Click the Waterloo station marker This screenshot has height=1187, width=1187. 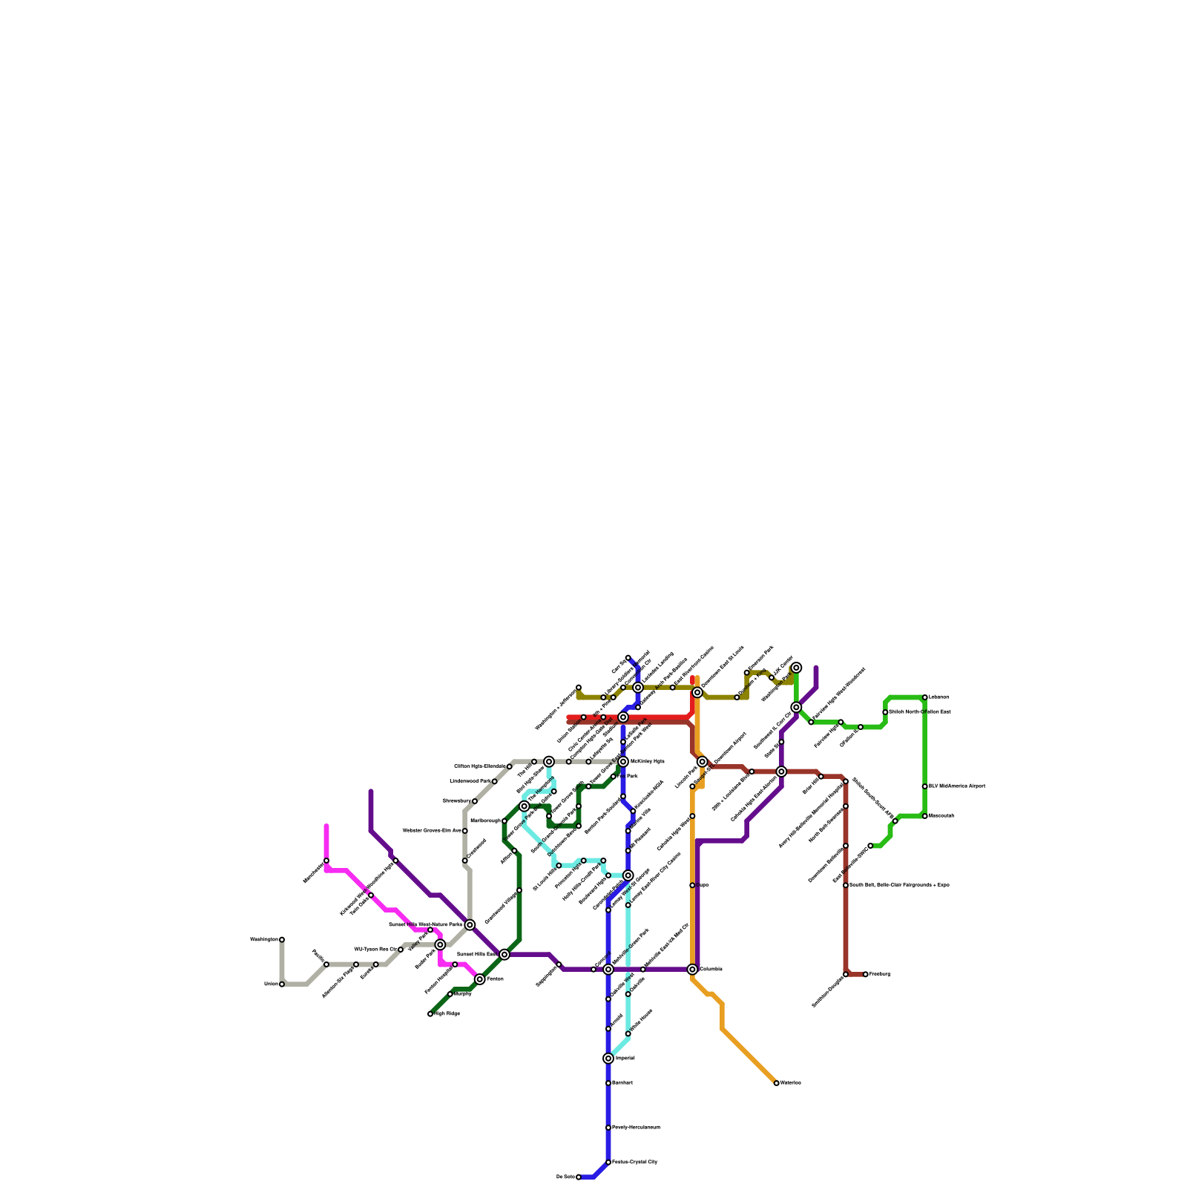click(776, 1083)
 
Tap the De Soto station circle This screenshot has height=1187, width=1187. click(579, 1177)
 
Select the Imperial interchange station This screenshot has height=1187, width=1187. click(608, 1058)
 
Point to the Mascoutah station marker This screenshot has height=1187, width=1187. click(924, 816)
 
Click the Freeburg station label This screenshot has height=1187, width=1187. click(879, 974)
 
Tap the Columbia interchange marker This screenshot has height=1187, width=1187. click(692, 969)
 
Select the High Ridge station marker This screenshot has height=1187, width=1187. click(430, 1013)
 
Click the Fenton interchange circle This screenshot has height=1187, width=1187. click(480, 979)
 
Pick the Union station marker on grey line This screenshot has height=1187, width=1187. click(282, 984)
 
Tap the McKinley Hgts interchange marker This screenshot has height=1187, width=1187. click(623, 761)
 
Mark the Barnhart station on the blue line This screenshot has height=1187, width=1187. click(608, 1083)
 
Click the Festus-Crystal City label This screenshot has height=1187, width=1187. click(634, 1162)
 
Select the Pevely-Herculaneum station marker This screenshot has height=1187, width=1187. click(608, 1128)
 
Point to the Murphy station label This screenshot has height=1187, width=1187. click(462, 994)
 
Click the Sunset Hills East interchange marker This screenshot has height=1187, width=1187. click(504, 954)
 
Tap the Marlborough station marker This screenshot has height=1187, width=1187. click(504, 821)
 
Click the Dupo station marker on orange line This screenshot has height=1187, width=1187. click(692, 885)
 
